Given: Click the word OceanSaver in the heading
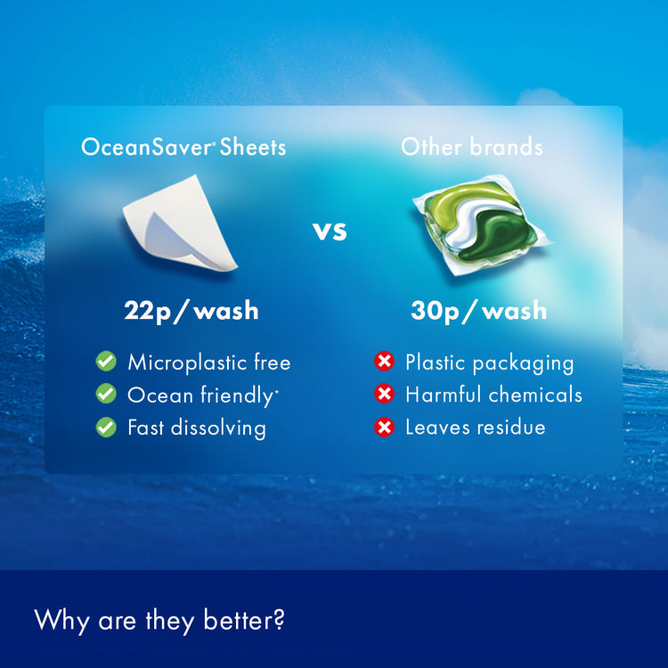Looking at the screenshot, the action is pos(146,147).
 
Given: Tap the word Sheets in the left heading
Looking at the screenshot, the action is pos(253,147).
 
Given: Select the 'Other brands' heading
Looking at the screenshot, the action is pos(471,147).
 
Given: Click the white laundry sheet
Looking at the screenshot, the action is pos(180,223).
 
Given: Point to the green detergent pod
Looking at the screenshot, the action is pos(481,224).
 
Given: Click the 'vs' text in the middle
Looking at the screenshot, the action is pos(330,232).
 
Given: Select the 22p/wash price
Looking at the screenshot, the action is pos(191,311).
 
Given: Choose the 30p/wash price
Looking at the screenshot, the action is pos(479,311).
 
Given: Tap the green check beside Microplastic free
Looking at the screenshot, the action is pos(106,362).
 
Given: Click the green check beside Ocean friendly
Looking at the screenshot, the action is pos(106,393).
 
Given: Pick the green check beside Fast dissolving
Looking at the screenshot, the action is pos(106,427).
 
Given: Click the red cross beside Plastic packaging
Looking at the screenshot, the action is pos(384,362).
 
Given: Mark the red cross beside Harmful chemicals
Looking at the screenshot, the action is pos(384,393).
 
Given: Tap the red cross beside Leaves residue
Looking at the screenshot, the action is pos(384,427).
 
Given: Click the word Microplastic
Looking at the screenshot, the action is pos(186,363).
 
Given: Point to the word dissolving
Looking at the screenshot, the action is pos(218,428).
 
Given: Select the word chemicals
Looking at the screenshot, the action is pos(535,395).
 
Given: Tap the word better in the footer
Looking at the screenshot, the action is pos(244,620).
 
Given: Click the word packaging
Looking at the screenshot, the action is pos(523,363).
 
